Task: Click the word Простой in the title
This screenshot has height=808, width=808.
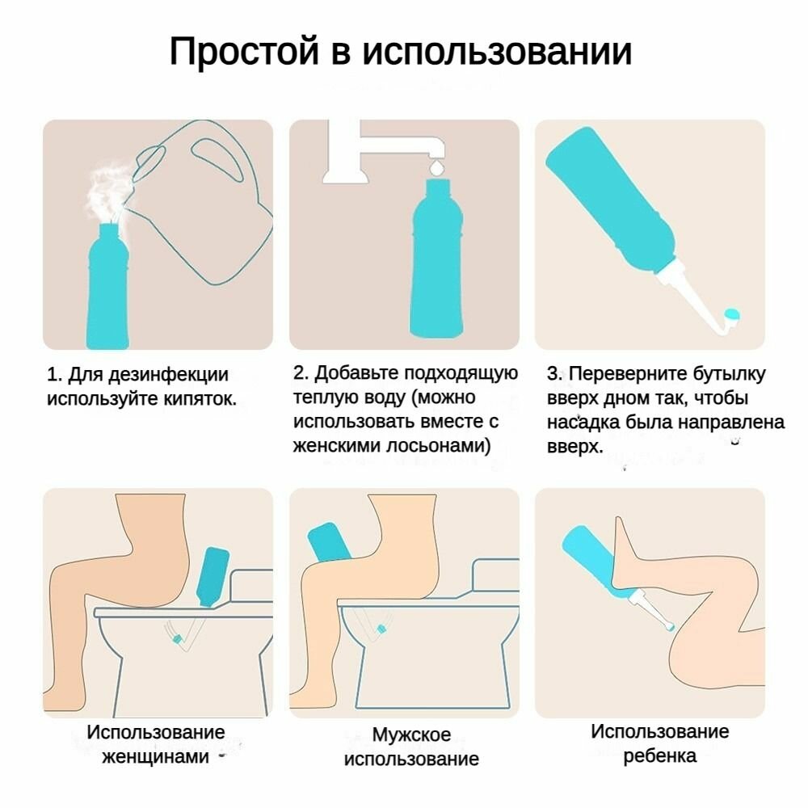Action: click(x=244, y=52)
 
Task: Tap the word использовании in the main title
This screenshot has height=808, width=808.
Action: click(x=497, y=52)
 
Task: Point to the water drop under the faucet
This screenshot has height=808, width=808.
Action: click(x=437, y=167)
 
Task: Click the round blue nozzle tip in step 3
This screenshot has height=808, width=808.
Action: click(x=732, y=314)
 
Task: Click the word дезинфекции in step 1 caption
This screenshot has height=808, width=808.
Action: click(x=168, y=375)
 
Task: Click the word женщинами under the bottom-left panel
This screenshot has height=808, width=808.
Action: click(x=155, y=756)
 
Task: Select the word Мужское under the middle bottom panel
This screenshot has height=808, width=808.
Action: click(x=411, y=734)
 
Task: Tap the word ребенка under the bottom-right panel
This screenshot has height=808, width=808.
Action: click(x=659, y=756)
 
